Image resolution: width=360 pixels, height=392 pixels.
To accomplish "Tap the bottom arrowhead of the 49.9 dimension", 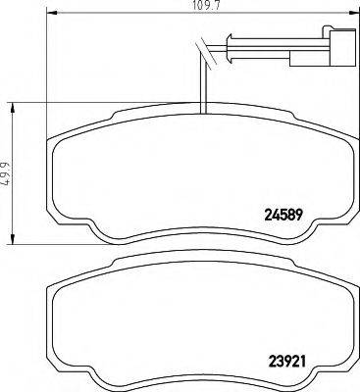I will pos(12,243).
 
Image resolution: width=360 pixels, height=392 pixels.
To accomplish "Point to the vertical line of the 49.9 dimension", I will pos(12,173).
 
